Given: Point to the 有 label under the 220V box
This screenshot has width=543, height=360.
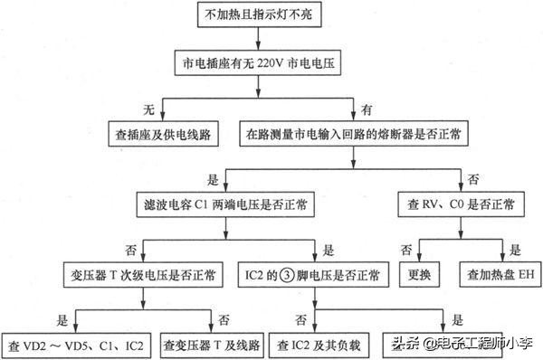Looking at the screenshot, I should [366, 110].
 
